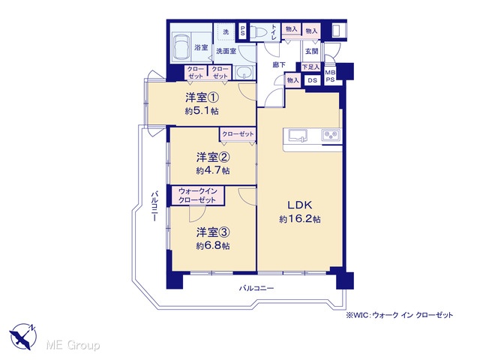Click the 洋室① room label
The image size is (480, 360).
point(202,98)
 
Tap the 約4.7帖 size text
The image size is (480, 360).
point(213,170)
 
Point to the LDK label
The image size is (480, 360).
point(299,205)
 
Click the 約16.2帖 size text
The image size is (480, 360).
point(300,219)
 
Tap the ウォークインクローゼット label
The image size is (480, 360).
point(197,196)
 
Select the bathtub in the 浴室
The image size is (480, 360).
point(181,47)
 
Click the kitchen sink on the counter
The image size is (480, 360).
point(298,136)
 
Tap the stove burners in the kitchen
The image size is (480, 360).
point(331,135)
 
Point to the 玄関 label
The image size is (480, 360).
point(312,52)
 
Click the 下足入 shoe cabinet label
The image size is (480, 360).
point(311,67)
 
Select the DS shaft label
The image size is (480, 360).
point(312,80)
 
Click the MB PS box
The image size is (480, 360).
point(330,76)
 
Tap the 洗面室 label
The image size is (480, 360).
point(226,51)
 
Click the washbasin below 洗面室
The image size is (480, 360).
point(244,73)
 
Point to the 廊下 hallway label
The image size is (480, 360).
point(279,65)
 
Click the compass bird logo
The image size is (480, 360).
point(22,337)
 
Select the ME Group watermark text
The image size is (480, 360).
point(73,346)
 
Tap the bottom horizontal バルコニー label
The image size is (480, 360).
point(256,288)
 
